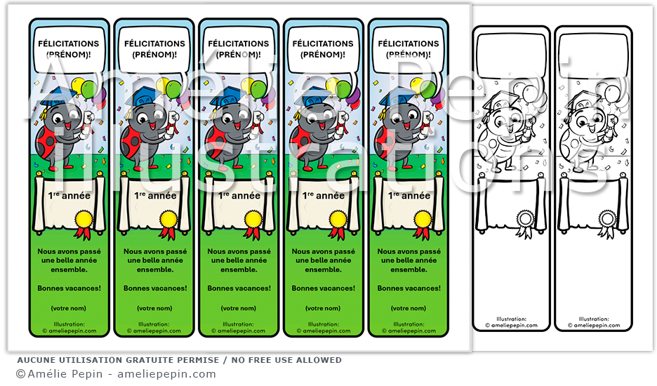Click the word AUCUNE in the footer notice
click(x=36, y=360)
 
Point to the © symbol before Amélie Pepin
click(x=20, y=375)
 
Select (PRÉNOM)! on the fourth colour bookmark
click(x=324, y=54)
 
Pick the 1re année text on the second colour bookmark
click(x=155, y=196)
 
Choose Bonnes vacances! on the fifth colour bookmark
click(x=409, y=288)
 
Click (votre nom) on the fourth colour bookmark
click(x=324, y=308)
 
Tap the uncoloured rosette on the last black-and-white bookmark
click(x=607, y=219)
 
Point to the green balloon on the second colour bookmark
click(x=174, y=88)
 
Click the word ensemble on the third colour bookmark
click(x=239, y=269)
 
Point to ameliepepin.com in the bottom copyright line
click(x=166, y=375)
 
